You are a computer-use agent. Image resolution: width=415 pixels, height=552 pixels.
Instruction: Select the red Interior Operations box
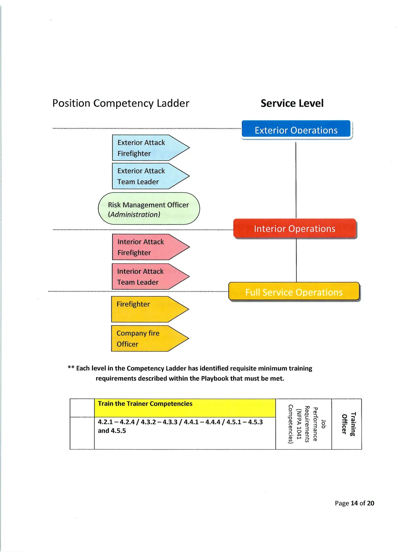tap(295, 228)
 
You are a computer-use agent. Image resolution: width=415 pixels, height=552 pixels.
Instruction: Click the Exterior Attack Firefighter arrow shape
tap(151, 148)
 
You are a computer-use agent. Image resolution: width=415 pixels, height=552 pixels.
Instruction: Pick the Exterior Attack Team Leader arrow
tap(151, 176)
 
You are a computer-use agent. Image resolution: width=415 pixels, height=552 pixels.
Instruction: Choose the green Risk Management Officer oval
tap(149, 208)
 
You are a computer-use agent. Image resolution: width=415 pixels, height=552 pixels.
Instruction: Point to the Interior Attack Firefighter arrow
tap(151, 247)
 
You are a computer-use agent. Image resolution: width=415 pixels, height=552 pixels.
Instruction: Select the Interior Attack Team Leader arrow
tap(150, 276)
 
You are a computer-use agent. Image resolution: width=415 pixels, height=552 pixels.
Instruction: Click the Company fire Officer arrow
tap(150, 338)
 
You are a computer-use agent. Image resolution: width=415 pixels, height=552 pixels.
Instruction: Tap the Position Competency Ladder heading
tap(121, 103)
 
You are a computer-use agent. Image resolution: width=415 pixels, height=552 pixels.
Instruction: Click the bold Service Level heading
tap(292, 103)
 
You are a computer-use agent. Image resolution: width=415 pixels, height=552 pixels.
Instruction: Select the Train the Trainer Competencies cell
tap(185, 408)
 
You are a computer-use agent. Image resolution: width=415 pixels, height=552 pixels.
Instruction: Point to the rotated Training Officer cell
tap(347, 424)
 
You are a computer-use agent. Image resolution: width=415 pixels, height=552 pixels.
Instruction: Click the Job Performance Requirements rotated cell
tap(304, 424)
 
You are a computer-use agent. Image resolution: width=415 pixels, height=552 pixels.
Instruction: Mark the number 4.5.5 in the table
tap(118, 431)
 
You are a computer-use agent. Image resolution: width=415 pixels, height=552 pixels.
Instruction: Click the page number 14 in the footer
tap(354, 503)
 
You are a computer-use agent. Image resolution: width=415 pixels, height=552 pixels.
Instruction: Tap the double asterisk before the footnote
tap(71, 368)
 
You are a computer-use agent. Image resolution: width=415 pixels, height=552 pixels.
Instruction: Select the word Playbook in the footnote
tap(215, 378)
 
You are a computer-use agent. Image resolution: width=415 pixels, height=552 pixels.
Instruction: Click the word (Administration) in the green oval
tap(134, 215)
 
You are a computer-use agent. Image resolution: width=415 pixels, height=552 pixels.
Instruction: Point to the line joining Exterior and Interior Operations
tap(296, 180)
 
